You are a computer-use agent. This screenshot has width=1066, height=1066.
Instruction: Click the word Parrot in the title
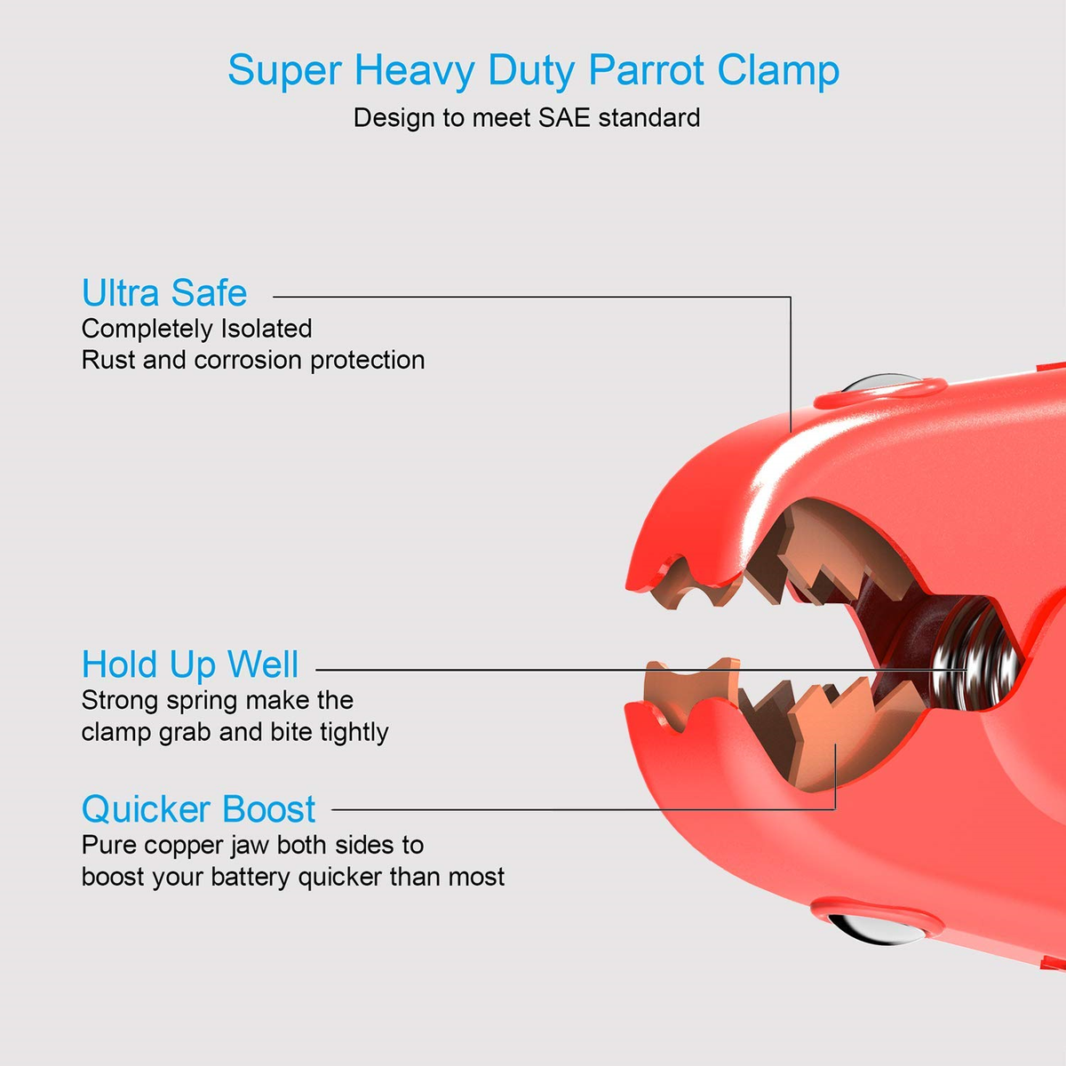646,70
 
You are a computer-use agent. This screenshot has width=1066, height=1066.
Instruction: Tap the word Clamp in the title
778,70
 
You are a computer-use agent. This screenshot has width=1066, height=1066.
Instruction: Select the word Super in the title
285,70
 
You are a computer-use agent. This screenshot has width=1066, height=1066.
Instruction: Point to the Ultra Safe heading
164,292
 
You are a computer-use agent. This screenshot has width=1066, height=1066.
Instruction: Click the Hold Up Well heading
190,664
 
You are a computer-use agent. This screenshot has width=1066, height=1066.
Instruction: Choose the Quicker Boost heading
199,809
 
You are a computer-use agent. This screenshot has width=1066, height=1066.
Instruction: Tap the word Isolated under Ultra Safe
266,329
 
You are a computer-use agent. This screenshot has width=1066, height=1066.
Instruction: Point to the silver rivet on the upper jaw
880,382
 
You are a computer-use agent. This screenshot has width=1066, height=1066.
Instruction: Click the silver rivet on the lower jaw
876,928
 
